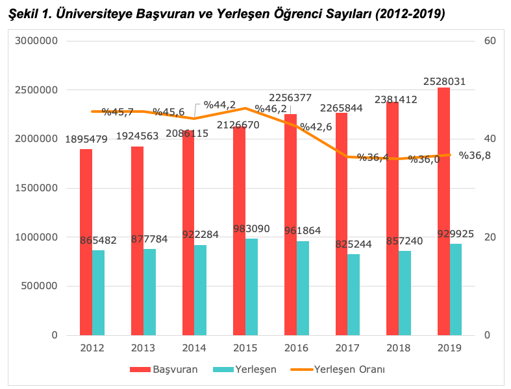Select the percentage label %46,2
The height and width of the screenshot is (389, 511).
tap(271, 109)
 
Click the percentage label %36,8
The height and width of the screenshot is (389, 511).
tap(475, 155)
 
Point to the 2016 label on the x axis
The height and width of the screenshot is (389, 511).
tap(296, 348)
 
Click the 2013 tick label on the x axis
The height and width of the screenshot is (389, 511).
tap(143, 348)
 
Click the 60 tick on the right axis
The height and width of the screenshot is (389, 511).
tap(490, 41)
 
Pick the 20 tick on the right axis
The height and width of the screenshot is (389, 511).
tap(490, 237)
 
